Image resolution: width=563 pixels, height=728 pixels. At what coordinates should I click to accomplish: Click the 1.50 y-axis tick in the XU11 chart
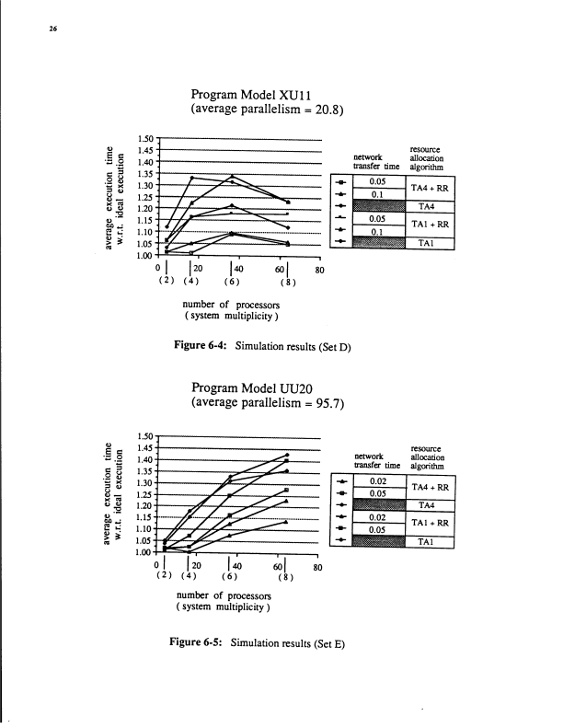(145, 138)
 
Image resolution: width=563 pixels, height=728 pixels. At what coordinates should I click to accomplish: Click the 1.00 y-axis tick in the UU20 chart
(145, 553)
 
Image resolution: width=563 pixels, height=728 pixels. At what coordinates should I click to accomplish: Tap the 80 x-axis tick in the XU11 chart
(320, 271)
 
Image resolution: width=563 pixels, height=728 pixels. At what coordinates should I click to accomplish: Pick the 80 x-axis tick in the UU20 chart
(320, 568)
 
